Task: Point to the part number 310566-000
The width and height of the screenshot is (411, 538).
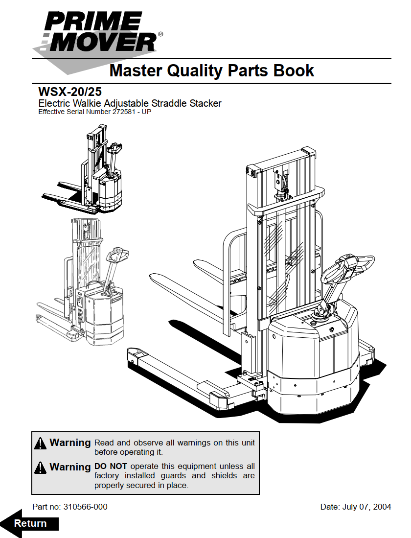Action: (x=86, y=507)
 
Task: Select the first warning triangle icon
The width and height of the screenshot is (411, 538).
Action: (x=41, y=444)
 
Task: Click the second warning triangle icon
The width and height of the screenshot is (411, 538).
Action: (x=41, y=468)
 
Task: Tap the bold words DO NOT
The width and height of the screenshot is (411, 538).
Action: (x=111, y=466)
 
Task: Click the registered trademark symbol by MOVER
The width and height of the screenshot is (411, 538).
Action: (x=160, y=35)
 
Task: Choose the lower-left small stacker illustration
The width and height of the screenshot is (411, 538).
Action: (x=83, y=284)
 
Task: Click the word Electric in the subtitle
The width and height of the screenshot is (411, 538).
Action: (x=55, y=103)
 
